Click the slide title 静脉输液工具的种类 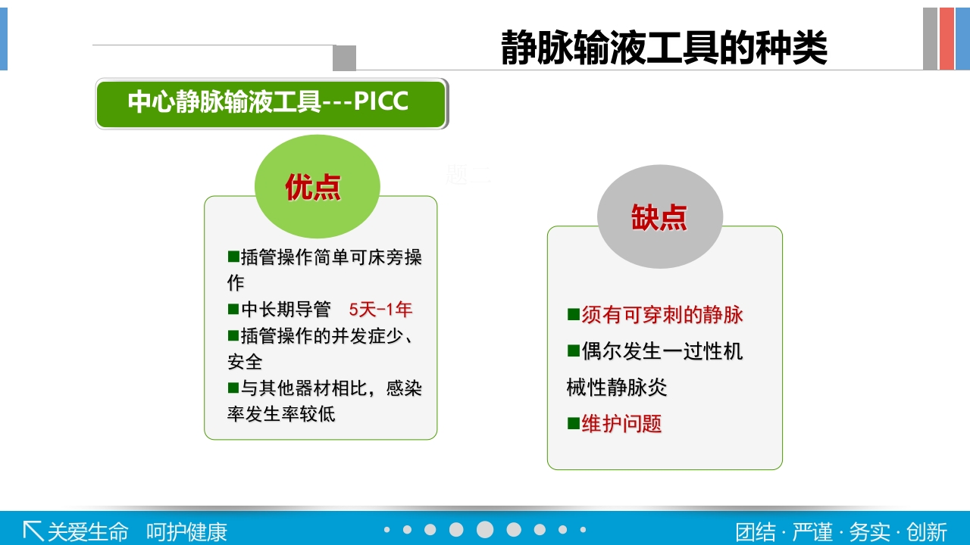[664, 48]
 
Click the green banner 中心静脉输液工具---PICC [271, 103]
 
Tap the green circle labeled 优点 [316, 186]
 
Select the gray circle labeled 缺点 [659, 216]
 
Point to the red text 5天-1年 [380, 310]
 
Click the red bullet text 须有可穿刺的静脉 [662, 315]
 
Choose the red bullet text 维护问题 [621, 424]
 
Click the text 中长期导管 [286, 310]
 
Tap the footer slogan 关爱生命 [88, 531]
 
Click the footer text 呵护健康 [186, 531]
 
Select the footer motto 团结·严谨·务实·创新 [841, 531]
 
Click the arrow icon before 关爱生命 [33, 531]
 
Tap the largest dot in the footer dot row [485, 530]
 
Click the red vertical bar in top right [946, 39]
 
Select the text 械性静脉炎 [616, 388]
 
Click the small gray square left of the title [344, 58]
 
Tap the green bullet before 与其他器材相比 [233, 388]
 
